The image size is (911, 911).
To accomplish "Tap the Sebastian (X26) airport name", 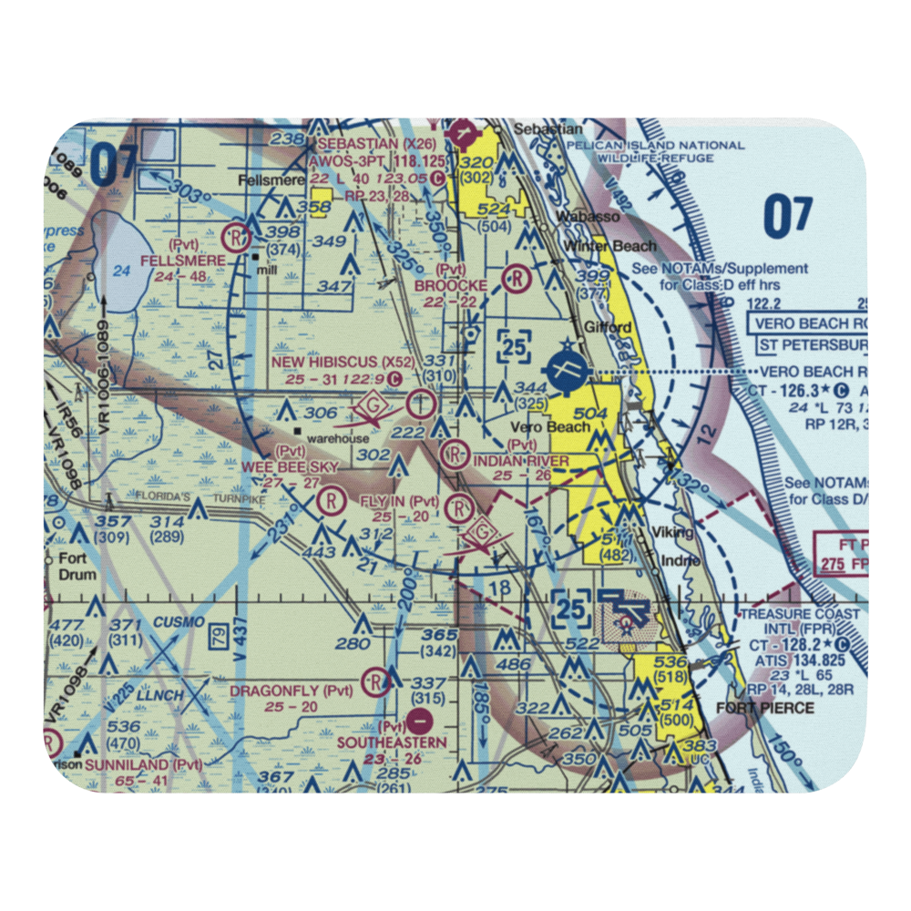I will [x=357, y=144].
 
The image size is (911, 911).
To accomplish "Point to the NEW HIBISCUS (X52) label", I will [x=333, y=363].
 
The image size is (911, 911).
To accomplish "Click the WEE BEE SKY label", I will [x=290, y=466].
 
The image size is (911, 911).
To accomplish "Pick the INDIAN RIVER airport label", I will [x=521, y=461].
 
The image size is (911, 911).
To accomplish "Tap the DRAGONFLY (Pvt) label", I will [x=278, y=691].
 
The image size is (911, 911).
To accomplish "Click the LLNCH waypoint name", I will [x=161, y=695].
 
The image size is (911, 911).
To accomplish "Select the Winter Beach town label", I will [x=609, y=246].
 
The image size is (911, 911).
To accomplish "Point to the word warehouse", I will [x=338, y=438].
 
